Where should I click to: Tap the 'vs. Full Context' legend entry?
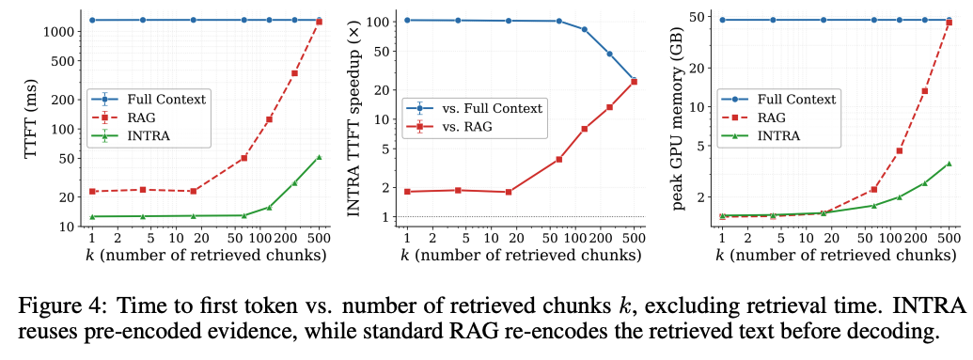tap(474, 109)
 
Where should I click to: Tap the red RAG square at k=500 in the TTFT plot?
tap(319, 23)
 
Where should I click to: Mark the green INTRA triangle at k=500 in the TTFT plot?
tap(319, 157)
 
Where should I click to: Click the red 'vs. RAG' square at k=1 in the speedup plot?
tap(407, 191)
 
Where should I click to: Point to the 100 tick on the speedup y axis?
tap(381, 22)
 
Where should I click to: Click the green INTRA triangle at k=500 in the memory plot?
tap(949, 164)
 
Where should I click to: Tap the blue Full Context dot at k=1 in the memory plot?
tap(722, 20)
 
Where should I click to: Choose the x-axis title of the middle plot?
tap(520, 255)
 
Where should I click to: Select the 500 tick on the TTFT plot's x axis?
tap(319, 238)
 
